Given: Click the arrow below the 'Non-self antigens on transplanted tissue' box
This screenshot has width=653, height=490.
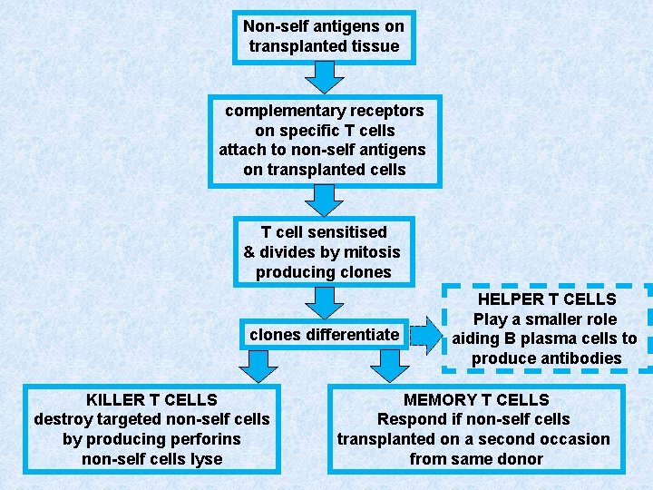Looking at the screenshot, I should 324,79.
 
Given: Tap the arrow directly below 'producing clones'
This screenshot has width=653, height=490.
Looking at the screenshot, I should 324,301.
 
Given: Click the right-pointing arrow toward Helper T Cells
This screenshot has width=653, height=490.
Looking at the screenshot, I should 422,335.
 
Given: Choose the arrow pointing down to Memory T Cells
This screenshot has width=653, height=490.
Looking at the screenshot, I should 389,367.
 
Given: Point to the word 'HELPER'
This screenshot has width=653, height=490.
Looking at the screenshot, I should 512,299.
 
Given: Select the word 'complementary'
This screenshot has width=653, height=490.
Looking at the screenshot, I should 281,111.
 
